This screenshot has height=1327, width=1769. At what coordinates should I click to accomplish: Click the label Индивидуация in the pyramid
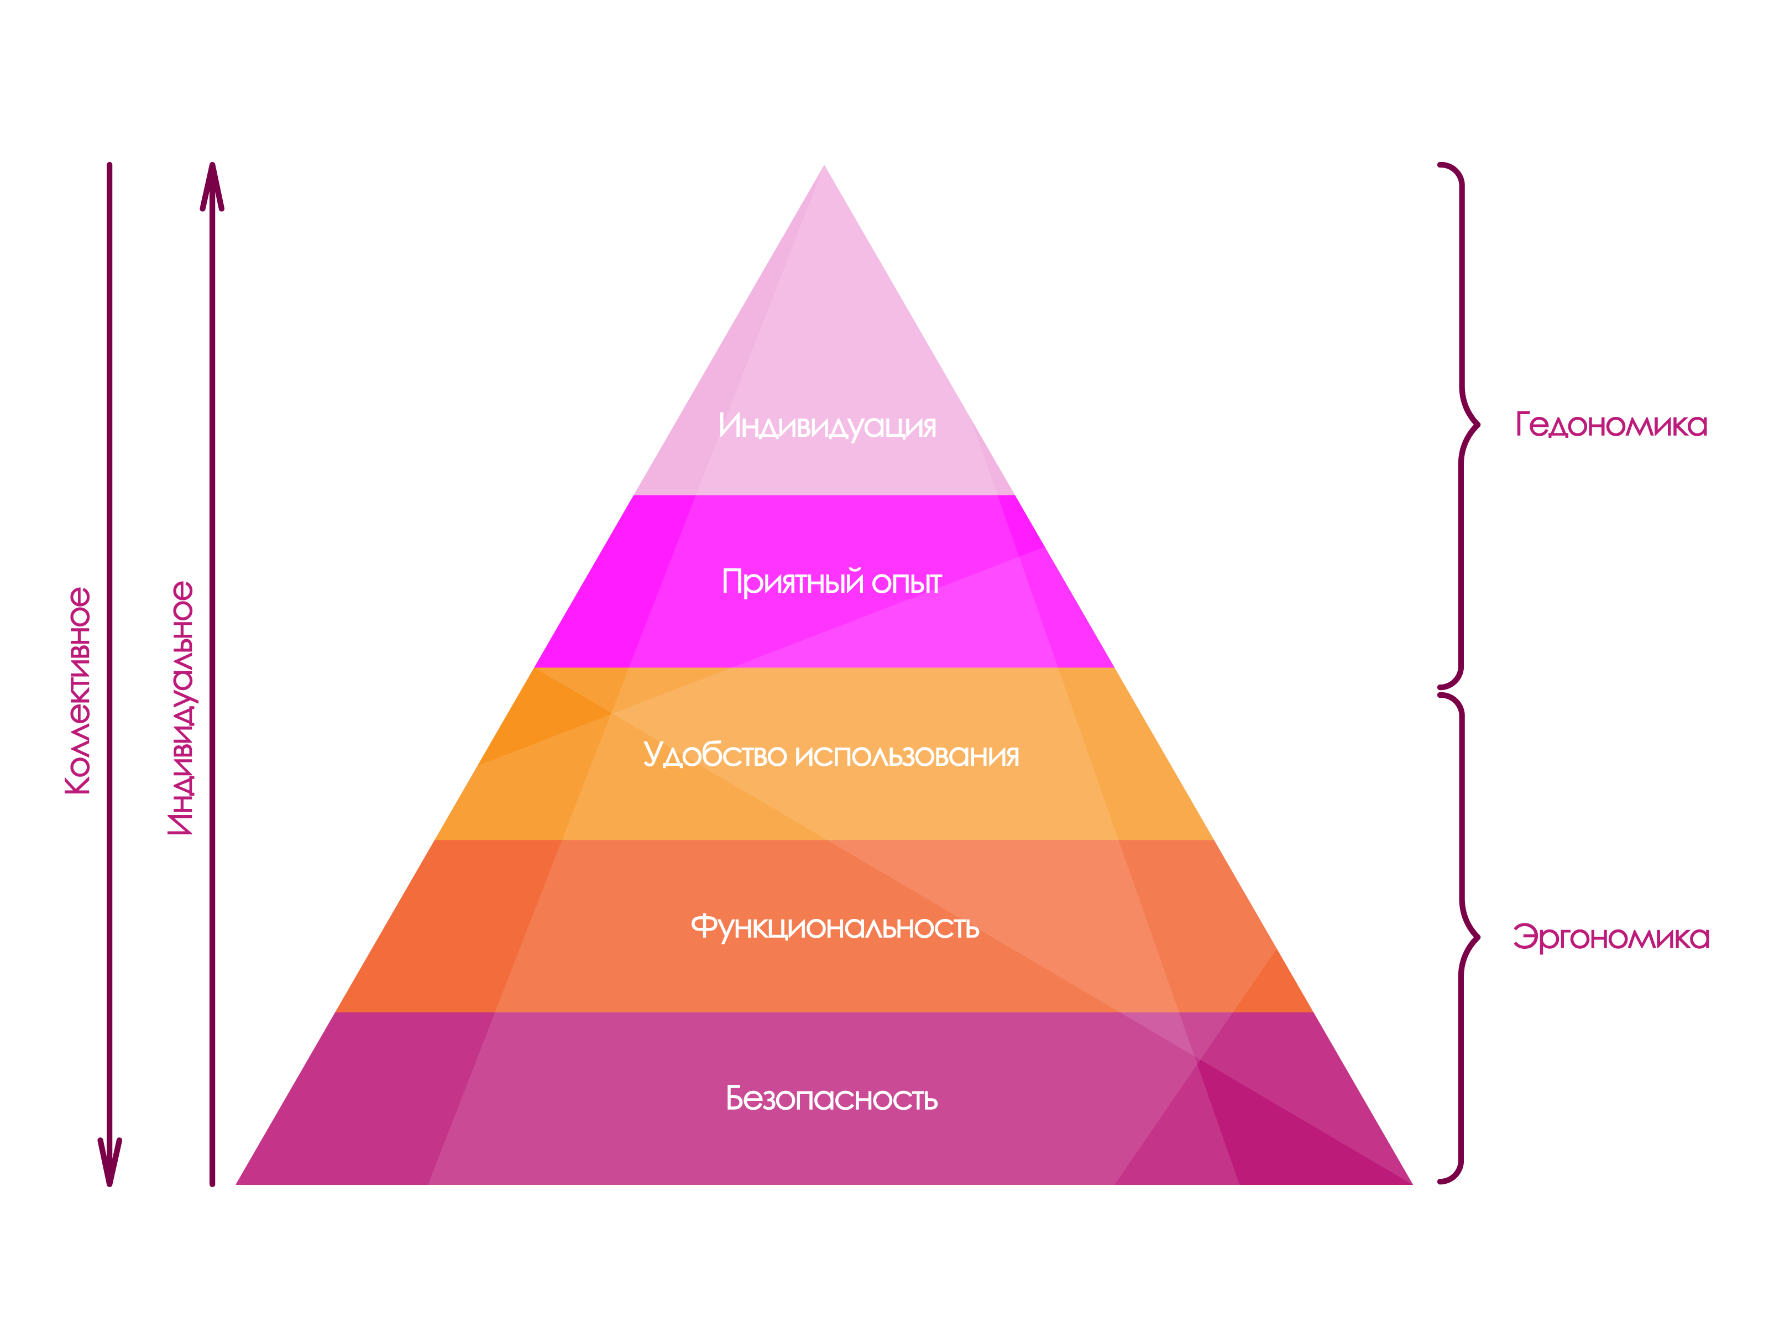827,426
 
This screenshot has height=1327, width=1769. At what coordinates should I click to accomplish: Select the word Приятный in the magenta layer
792,582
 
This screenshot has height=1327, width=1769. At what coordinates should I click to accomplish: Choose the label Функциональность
835,927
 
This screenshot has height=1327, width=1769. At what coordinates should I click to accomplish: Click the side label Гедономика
1611,425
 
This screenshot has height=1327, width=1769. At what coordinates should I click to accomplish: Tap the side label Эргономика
1611,937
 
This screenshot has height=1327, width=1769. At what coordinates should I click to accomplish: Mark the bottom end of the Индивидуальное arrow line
212,1184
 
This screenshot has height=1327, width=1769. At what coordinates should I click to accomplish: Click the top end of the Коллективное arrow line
109,165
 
